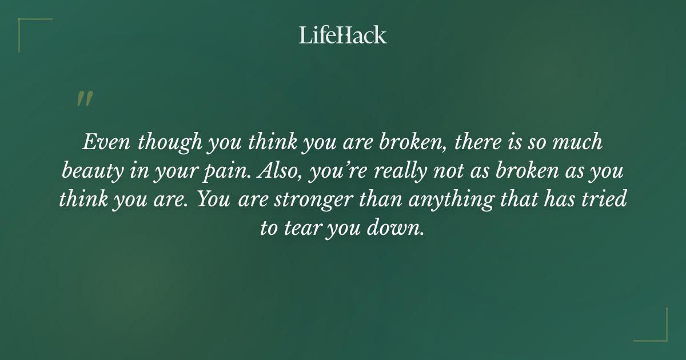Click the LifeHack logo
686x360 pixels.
tap(343, 35)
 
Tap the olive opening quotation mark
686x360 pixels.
tap(84, 99)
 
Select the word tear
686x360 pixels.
tap(298, 229)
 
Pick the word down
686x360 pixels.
tap(398, 229)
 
